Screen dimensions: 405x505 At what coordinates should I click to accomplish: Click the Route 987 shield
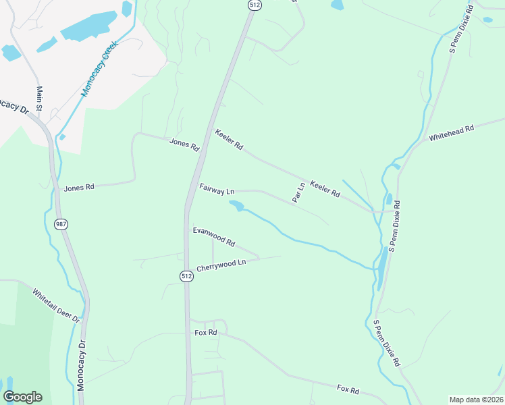[61, 224]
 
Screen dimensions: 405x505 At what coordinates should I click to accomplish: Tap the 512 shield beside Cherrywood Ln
[186, 276]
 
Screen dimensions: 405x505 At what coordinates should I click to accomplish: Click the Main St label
[40, 99]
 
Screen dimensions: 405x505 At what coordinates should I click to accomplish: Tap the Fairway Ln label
[216, 190]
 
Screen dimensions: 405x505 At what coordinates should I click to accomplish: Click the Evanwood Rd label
[213, 236]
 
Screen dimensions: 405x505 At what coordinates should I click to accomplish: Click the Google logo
[22, 397]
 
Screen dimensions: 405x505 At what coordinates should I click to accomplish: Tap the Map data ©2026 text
[476, 400]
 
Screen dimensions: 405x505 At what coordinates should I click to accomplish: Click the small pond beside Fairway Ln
[236, 205]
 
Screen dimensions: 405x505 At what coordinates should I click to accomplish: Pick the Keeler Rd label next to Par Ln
[325, 188]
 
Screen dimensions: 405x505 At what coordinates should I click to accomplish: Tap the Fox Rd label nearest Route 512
[205, 333]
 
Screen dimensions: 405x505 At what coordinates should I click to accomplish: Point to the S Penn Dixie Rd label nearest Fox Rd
[387, 343]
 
